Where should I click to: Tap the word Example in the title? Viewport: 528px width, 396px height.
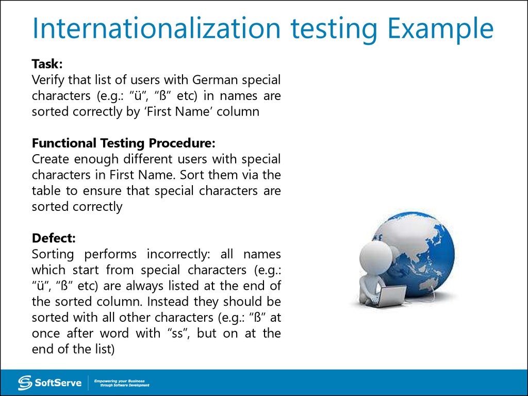440,29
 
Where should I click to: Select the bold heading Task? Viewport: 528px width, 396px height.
47,63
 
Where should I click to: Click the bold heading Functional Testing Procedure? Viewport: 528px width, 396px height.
124,143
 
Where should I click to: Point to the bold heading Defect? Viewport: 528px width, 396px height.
54,238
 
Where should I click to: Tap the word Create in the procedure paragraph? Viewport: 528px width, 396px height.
50,159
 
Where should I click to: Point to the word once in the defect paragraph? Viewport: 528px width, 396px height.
45,334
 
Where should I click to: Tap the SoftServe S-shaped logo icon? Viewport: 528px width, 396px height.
25,383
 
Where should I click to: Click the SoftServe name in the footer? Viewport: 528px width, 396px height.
58,383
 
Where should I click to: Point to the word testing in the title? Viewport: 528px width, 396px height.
334,29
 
